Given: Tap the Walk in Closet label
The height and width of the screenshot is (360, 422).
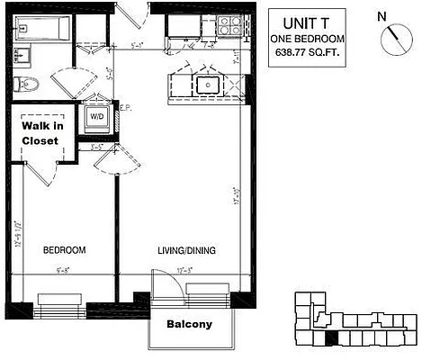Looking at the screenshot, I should point(40,133).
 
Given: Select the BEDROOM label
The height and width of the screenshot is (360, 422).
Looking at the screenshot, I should point(64,249).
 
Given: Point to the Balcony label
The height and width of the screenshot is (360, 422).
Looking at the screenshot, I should point(189,324).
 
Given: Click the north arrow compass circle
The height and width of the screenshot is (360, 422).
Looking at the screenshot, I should point(393,39).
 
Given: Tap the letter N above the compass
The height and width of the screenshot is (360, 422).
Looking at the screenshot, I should point(382,15).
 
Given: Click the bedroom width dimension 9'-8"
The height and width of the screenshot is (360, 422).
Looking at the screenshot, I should point(62,267).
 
